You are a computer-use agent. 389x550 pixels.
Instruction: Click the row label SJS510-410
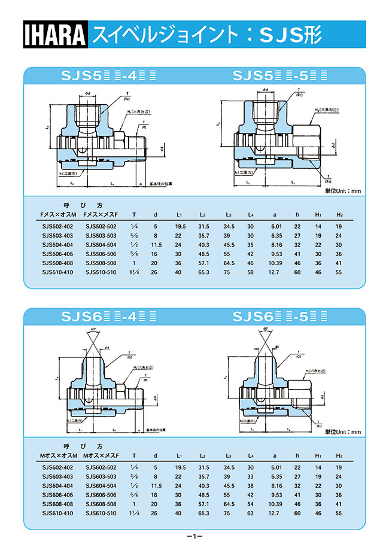tap(57, 272)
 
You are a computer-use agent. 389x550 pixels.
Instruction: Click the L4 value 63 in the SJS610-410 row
tap(250, 513)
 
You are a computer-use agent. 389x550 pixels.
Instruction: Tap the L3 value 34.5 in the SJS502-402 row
tap(229, 227)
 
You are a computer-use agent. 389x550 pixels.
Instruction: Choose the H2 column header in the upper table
tap(339, 214)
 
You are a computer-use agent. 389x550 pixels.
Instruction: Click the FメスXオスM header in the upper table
tap(57, 214)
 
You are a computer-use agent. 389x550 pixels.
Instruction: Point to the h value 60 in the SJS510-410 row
tap(297, 272)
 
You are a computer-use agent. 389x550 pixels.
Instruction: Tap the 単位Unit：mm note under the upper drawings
tap(343, 191)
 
